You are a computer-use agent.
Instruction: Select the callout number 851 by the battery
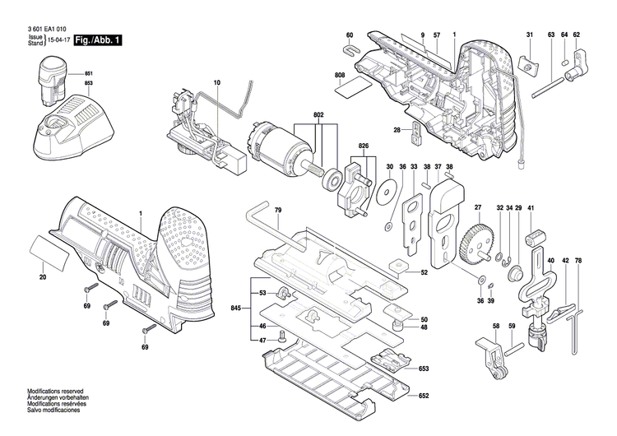coord(88,75)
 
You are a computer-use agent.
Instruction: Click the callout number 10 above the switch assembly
coord(217,83)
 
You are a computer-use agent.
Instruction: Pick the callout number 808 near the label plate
coord(340,76)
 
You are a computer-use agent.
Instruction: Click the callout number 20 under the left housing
coord(43,277)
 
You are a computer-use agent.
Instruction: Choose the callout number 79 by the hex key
coord(279,211)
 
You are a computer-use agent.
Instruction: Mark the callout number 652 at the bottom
coord(423,396)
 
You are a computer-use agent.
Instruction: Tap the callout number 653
coord(423,370)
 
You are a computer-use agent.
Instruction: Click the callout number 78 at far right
coord(578,261)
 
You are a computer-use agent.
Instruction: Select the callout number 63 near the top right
coord(551,34)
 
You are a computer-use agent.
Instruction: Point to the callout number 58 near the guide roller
coord(496,327)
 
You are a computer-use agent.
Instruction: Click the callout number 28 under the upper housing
coord(397,129)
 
